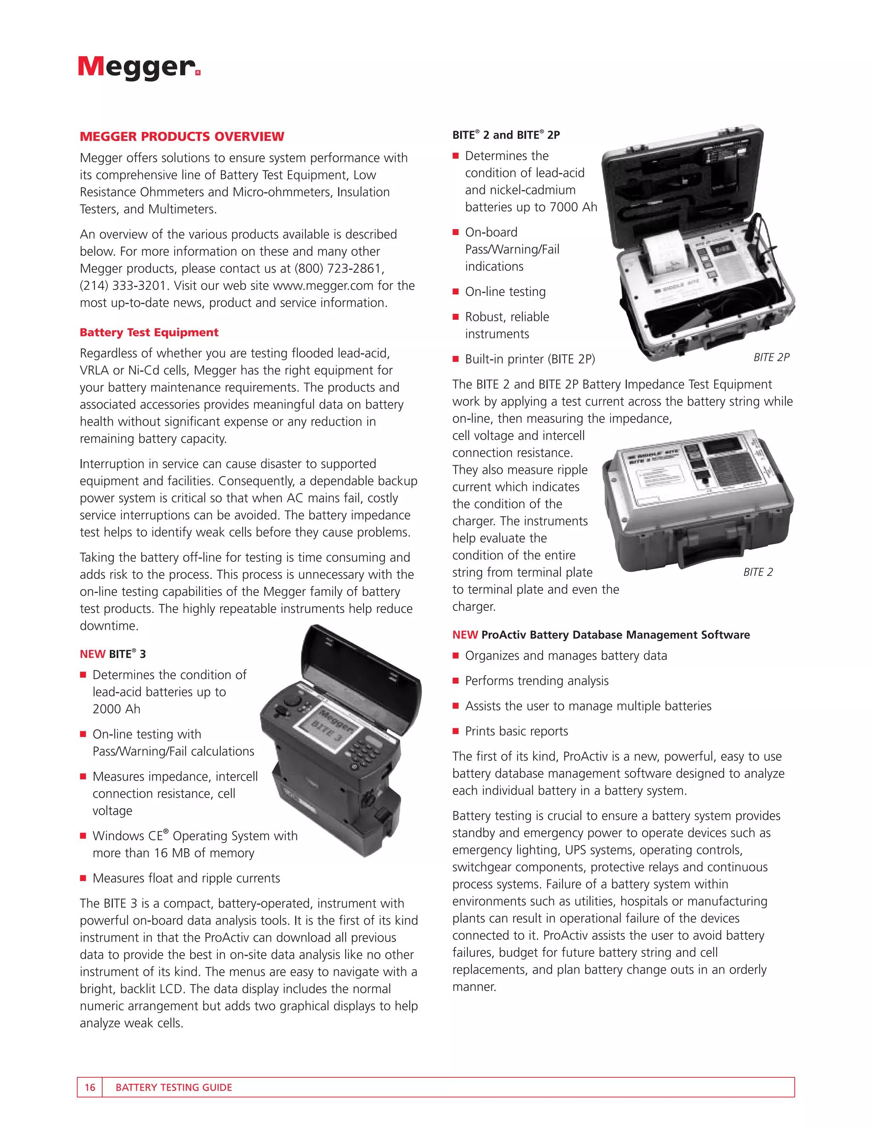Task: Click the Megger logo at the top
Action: (138, 67)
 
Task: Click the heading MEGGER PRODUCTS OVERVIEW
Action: (182, 136)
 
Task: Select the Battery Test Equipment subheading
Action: (149, 332)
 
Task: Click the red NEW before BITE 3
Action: (92, 654)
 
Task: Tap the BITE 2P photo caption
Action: (771, 358)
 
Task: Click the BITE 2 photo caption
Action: (758, 572)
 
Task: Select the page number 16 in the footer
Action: (90, 1087)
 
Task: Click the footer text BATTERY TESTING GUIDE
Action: (174, 1087)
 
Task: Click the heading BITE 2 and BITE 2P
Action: (506, 135)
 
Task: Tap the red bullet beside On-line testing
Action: (456, 292)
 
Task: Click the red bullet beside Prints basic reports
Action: (456, 731)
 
